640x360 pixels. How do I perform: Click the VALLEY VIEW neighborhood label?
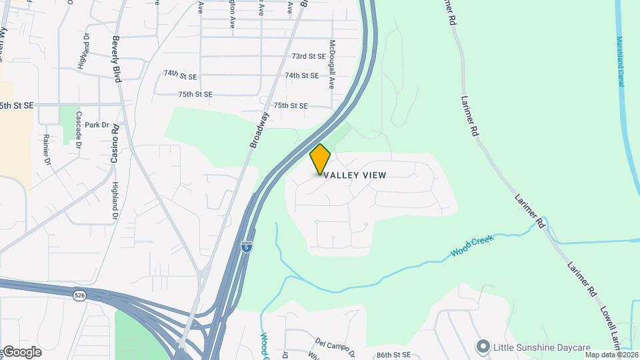(355, 175)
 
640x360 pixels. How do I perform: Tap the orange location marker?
(321, 159)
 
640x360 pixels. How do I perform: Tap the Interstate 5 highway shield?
(247, 246)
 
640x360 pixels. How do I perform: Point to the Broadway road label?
(259, 129)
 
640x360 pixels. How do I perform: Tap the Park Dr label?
(96, 125)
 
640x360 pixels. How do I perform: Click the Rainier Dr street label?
(47, 149)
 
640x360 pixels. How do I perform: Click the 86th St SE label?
(392, 355)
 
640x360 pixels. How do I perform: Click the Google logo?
(21, 352)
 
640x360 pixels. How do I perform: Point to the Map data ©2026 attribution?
(611, 355)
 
